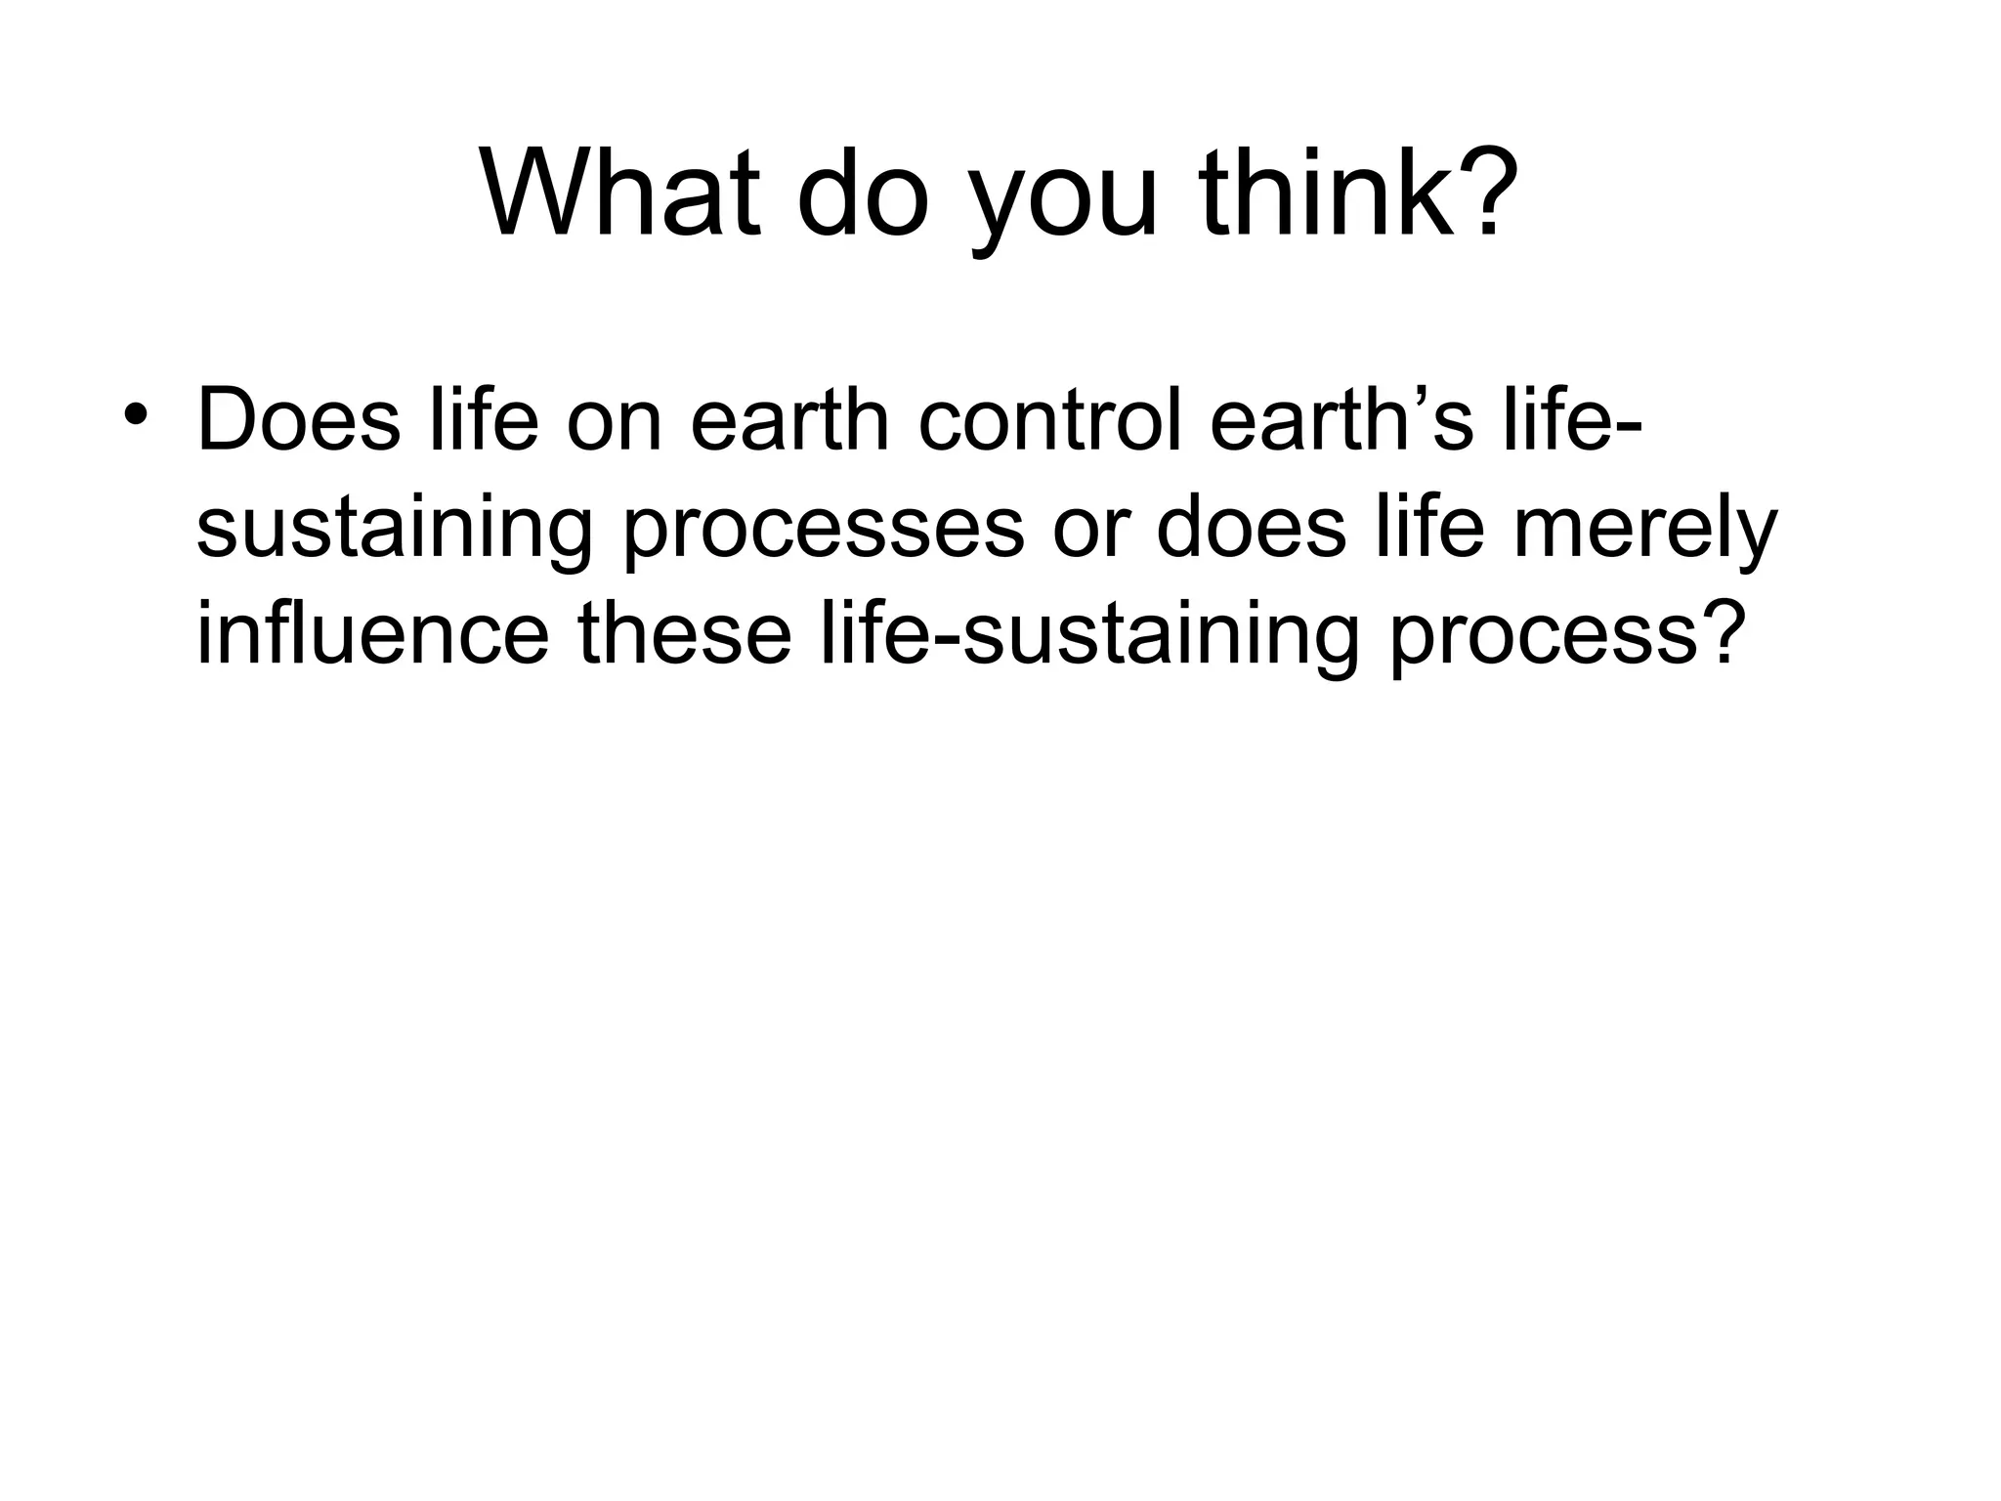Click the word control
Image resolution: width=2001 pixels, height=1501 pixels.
(1049, 420)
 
